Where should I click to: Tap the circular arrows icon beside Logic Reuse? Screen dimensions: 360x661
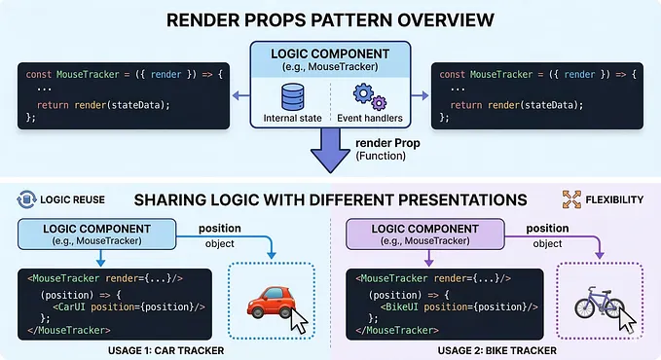coord(23,199)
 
